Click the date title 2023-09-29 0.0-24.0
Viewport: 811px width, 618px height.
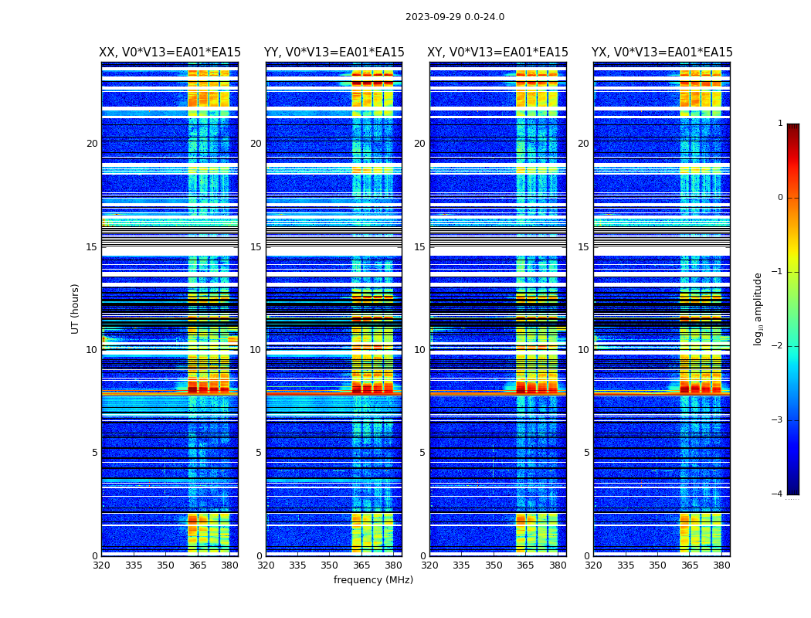click(x=455, y=17)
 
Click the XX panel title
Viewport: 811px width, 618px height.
click(x=170, y=53)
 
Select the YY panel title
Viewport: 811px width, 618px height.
click(x=334, y=53)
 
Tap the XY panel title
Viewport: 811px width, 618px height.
click(x=498, y=53)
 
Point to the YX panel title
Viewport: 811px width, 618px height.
click(x=662, y=53)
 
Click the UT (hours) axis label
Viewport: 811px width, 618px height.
click(x=76, y=308)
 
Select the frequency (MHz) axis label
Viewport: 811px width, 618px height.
click(x=373, y=580)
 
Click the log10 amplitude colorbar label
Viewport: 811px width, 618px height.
click(x=758, y=308)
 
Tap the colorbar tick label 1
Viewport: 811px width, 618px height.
click(x=780, y=124)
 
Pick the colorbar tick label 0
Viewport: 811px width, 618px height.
click(x=780, y=198)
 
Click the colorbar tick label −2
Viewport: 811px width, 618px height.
click(x=779, y=346)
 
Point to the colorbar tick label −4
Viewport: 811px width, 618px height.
click(x=779, y=494)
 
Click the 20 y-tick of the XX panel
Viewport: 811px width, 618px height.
click(x=92, y=144)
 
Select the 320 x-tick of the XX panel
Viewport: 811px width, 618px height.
click(x=101, y=565)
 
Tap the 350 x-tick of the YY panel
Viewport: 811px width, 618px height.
click(x=330, y=565)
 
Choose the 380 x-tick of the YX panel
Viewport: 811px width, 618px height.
click(x=721, y=565)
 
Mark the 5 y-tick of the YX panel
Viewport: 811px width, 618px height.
click(x=586, y=453)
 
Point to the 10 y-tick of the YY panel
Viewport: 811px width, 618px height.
click(x=256, y=350)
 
